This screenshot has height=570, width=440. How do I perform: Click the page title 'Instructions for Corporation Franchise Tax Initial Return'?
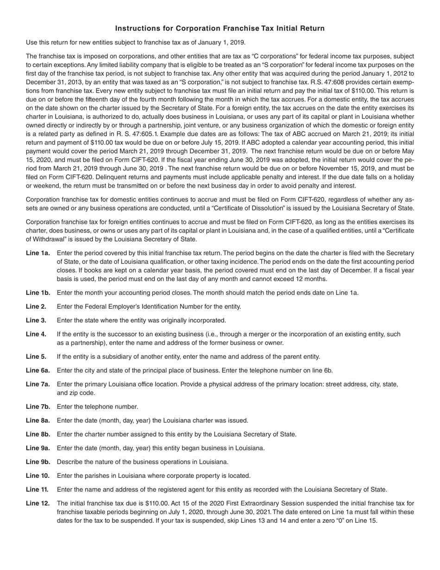tap(220, 29)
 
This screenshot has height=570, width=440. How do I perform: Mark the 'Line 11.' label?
tap(37, 489)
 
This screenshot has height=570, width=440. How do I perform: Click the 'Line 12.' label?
tap(38, 503)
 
